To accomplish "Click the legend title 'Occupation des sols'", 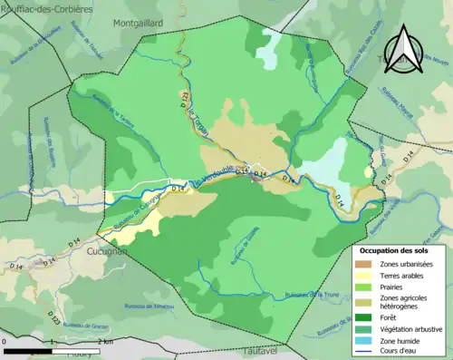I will coord(396,250).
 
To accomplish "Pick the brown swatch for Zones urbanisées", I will coord(367,264).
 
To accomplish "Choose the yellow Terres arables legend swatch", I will coord(367,276).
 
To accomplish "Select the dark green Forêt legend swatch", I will coord(367,316).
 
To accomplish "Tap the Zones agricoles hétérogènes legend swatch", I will coord(367,302).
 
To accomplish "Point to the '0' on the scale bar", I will coord(5,343).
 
